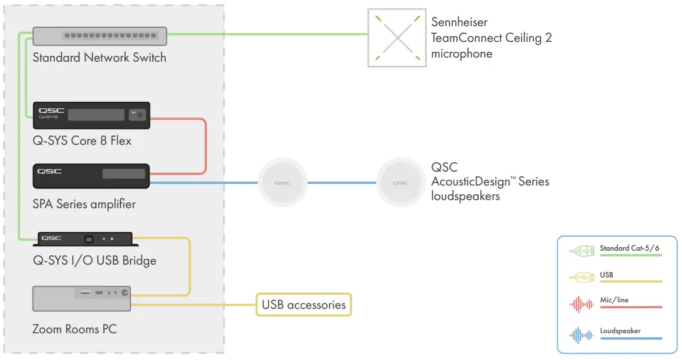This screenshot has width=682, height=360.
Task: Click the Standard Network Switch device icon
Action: (99, 36)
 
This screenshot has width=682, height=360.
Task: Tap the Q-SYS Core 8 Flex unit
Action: (91, 115)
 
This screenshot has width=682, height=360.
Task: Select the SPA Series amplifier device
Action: (91, 176)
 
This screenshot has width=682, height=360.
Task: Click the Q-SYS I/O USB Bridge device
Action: (85, 239)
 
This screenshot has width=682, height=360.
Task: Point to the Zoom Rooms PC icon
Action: (81, 298)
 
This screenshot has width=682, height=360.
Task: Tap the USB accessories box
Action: (303, 304)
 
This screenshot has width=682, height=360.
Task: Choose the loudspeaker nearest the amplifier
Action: (283, 183)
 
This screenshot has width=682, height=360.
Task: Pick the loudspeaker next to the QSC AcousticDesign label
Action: (401, 183)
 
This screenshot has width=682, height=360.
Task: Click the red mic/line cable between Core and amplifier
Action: (206, 145)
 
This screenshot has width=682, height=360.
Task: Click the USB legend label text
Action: (606, 275)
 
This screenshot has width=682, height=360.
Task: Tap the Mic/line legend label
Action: (614, 300)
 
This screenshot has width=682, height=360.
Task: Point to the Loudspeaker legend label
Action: (620, 331)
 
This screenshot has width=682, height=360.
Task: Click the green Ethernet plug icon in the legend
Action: (581, 251)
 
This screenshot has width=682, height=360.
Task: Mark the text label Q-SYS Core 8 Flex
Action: (82, 141)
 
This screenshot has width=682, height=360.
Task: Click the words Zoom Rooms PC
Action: (74, 329)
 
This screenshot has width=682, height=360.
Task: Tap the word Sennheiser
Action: (459, 23)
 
